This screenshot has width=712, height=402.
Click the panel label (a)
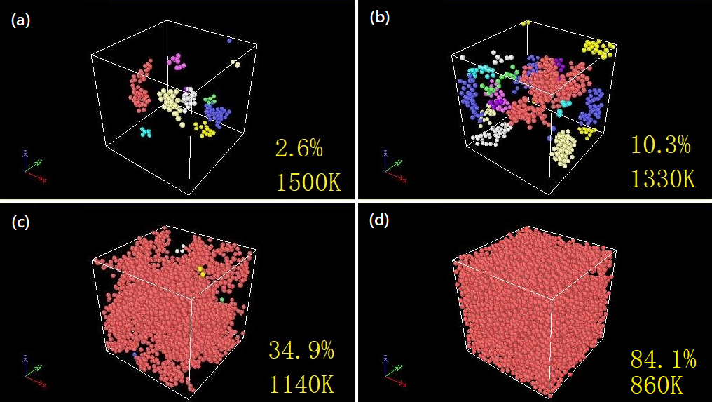pos(19,20)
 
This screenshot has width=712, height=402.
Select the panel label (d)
pos(379,222)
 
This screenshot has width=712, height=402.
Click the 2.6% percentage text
pos(299,149)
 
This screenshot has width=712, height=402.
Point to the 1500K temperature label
pos(308,183)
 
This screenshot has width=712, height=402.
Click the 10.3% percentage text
pos(660,145)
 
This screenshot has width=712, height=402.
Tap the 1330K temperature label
pos(662,178)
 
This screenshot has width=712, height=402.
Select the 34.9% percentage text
pos(301,350)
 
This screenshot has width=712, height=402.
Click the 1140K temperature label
pos(301,384)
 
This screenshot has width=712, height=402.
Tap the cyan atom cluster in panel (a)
pos(146,132)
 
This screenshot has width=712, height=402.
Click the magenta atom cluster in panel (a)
pos(177,62)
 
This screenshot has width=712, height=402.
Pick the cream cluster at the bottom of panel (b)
pos(564,148)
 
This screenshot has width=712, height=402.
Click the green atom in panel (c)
pos(222,300)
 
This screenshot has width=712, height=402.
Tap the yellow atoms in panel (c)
pos(201,271)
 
